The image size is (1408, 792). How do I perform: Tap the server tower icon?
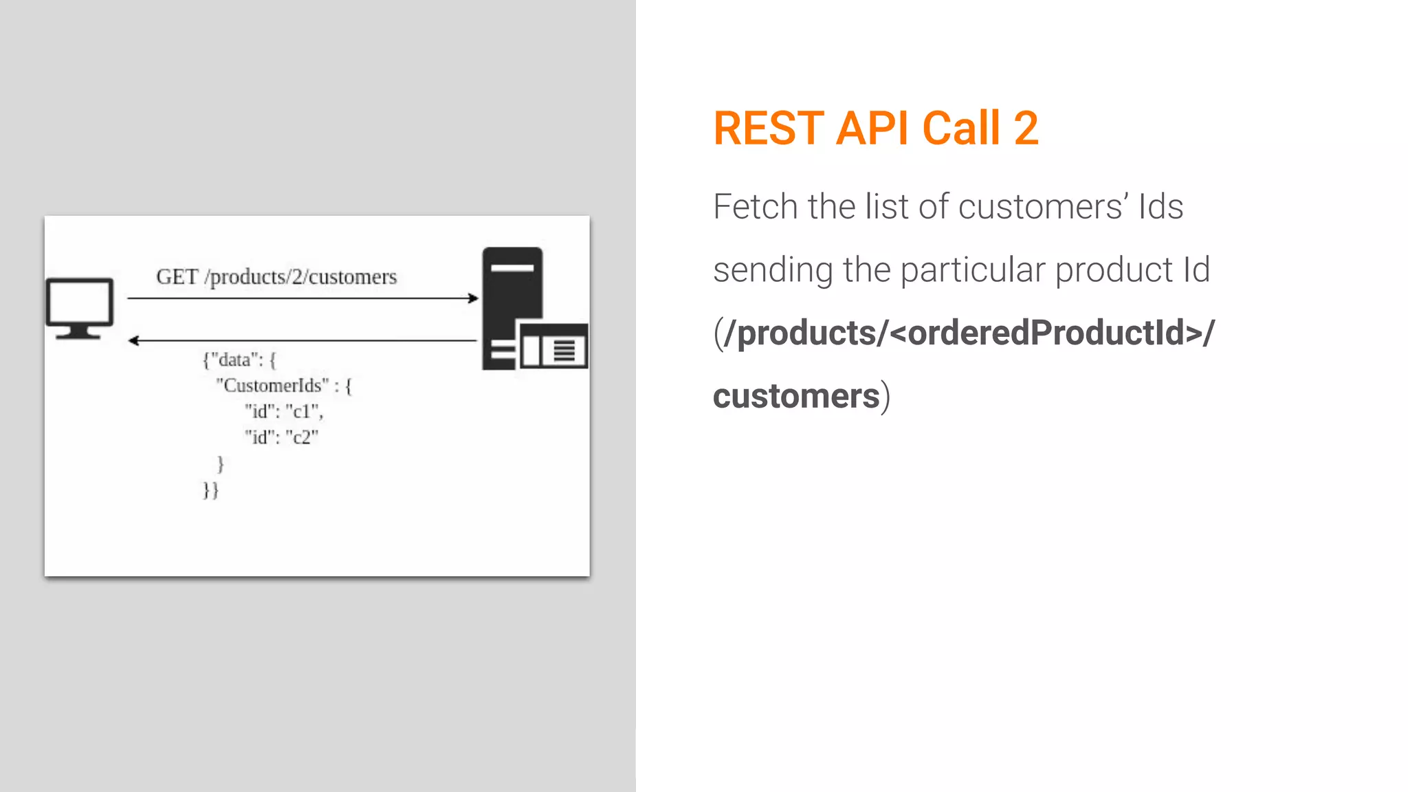click(x=512, y=289)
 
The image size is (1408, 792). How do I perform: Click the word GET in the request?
click(x=177, y=277)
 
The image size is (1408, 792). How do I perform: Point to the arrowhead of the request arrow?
click(x=473, y=298)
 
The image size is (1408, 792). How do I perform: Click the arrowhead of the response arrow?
click(x=133, y=340)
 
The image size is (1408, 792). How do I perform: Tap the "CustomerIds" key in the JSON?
click(x=272, y=386)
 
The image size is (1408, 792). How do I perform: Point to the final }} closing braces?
click(x=210, y=490)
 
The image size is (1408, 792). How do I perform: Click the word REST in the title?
click(x=769, y=129)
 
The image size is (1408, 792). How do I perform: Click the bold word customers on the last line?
click(x=796, y=397)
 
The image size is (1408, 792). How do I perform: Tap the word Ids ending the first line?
click(x=1160, y=206)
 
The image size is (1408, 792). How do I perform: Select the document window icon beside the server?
click(x=554, y=348)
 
